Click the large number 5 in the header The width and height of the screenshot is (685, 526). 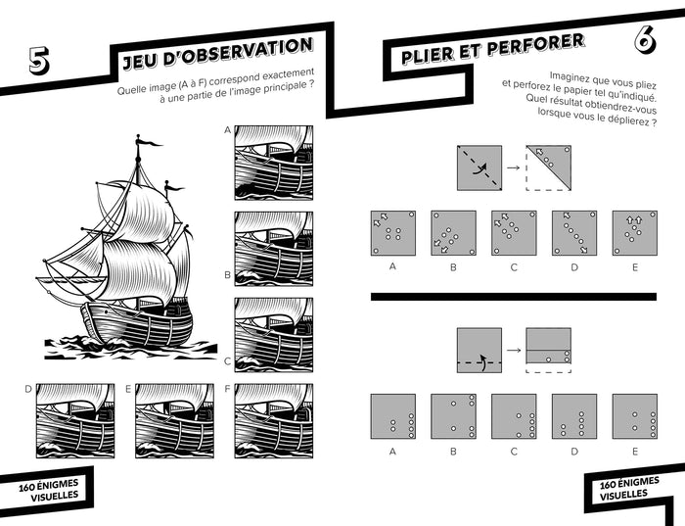pyautogui.click(x=39, y=60)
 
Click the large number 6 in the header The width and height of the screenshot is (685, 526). pyautogui.click(x=645, y=40)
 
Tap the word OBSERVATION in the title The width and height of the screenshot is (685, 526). pyautogui.click(x=238, y=53)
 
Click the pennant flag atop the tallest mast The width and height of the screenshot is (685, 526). pyautogui.click(x=151, y=143)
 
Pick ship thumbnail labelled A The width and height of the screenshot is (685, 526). pyautogui.click(x=274, y=163)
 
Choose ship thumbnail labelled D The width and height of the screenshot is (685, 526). pyautogui.click(x=75, y=421)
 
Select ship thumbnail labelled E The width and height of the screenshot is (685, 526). pyautogui.click(x=175, y=421)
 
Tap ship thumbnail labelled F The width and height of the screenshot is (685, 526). pyautogui.click(x=274, y=421)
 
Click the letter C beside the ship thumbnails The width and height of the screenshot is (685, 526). pyautogui.click(x=227, y=361)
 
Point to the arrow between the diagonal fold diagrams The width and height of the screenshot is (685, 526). pyautogui.click(x=514, y=167)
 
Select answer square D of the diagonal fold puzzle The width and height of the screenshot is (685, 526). pyautogui.click(x=574, y=233)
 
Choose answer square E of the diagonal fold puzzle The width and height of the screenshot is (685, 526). pyautogui.click(x=635, y=233)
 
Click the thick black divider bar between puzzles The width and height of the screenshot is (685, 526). pyautogui.click(x=514, y=297)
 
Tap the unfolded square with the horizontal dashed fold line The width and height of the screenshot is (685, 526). pyautogui.click(x=479, y=351)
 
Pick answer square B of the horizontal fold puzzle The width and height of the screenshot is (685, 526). pyautogui.click(x=453, y=416)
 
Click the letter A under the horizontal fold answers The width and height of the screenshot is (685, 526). pyautogui.click(x=392, y=452)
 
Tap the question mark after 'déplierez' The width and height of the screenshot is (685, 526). pyautogui.click(x=654, y=122)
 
